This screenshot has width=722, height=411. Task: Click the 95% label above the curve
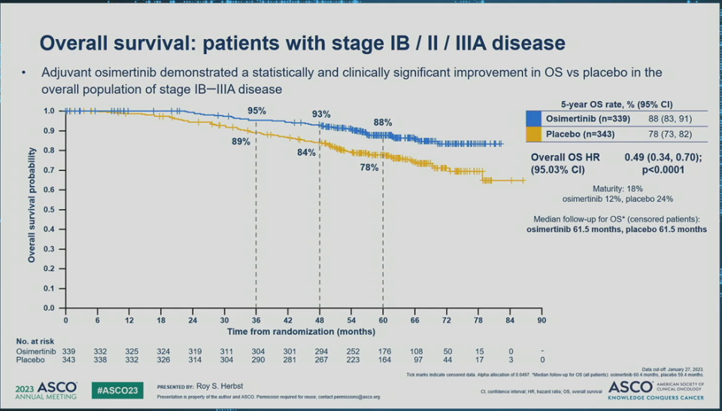pyautogui.click(x=257, y=111)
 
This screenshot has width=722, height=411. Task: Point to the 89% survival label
pyautogui.click(x=241, y=142)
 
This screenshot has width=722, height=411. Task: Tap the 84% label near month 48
pyautogui.click(x=306, y=152)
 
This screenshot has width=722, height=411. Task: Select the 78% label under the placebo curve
pyautogui.click(x=369, y=168)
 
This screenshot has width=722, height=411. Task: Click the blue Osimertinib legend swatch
pyautogui.click(x=534, y=119)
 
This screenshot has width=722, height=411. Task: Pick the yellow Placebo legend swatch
pyautogui.click(x=534, y=134)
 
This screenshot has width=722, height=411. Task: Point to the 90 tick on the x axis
pyautogui.click(x=541, y=320)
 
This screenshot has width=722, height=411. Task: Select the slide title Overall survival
pyautogui.click(x=302, y=42)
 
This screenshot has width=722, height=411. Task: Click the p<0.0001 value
pyautogui.click(x=661, y=171)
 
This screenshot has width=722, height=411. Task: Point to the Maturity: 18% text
pyautogui.click(x=617, y=188)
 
